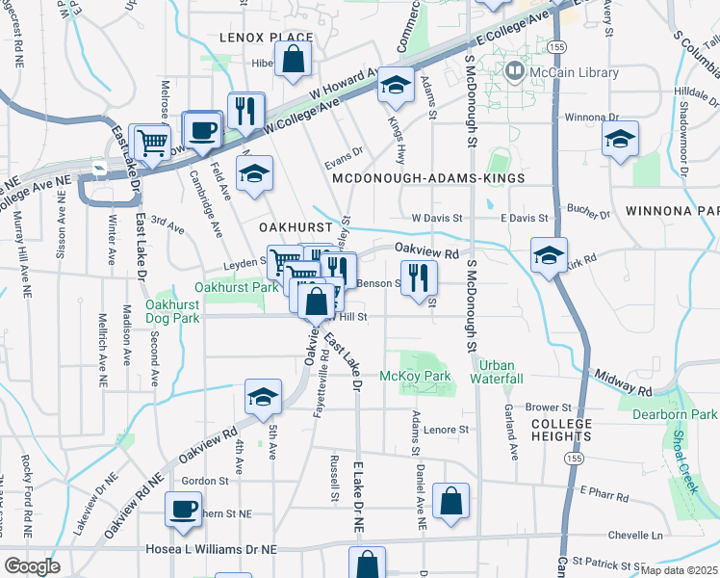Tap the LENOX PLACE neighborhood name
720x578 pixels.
click(x=253, y=38)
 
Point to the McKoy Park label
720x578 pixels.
click(x=416, y=376)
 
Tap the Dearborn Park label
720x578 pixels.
click(x=675, y=415)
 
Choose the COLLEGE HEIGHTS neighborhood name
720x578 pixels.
click(x=561, y=430)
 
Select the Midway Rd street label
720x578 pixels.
click(x=623, y=381)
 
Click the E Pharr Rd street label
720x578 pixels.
click(x=604, y=495)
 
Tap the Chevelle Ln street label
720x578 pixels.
click(x=636, y=535)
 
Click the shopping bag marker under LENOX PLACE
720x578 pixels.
click(x=293, y=60)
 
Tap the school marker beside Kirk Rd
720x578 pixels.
click(x=548, y=256)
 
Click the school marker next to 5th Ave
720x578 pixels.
click(x=262, y=398)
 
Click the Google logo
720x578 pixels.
click(x=33, y=565)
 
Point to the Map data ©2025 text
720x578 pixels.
click(x=678, y=570)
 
